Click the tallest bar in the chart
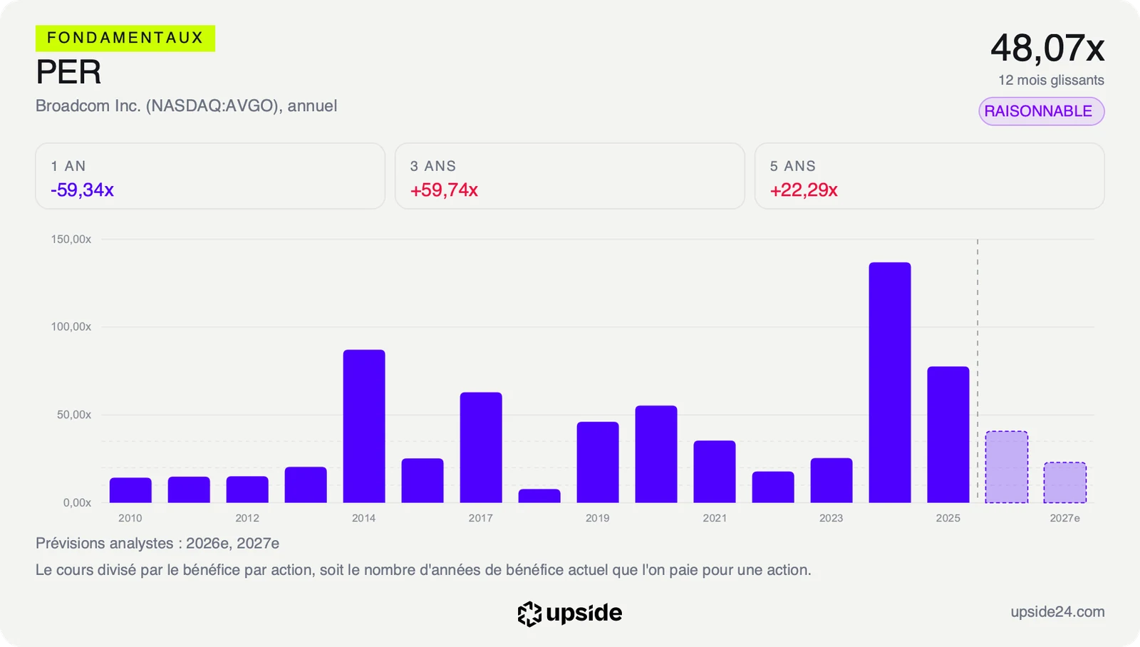tap(890, 383)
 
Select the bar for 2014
tap(364, 426)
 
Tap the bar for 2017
tap(481, 447)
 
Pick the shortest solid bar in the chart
tap(539, 496)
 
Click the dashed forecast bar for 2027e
tap(1064, 482)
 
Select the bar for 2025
tap(948, 435)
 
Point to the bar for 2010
tap(130, 490)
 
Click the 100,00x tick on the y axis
tap(71, 327)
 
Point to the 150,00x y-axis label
tap(71, 239)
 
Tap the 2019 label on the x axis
tap(598, 518)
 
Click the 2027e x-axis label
tap(1064, 518)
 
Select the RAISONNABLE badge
tap(1041, 111)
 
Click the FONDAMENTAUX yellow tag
tap(125, 38)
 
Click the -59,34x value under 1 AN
tap(82, 190)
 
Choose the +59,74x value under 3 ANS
tap(444, 190)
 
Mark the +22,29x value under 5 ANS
tap(804, 190)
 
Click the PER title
tap(68, 72)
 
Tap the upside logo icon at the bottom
tap(529, 614)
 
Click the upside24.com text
tap(1057, 611)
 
